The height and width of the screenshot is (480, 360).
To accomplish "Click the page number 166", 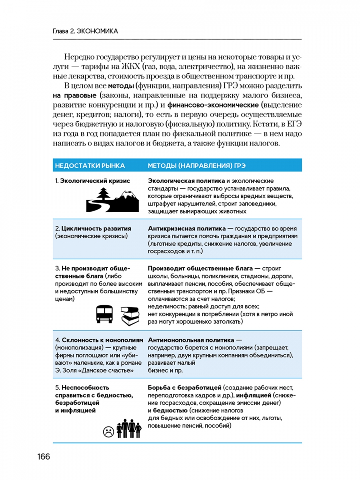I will point(44,456).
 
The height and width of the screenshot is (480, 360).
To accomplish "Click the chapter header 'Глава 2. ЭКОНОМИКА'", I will point(85,32).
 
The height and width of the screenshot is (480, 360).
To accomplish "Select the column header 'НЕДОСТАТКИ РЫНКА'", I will point(90,165).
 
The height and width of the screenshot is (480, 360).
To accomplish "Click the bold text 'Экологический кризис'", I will point(95,181).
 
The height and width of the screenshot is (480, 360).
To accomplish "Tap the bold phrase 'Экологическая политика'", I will point(186,181).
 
